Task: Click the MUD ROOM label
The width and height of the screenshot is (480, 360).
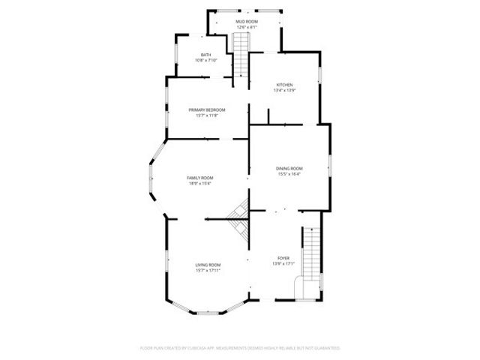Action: click(x=247, y=22)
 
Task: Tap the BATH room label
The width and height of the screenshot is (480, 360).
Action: click(x=205, y=55)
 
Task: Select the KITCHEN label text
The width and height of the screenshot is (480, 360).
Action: click(x=284, y=85)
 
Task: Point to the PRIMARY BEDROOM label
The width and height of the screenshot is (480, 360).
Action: click(x=207, y=109)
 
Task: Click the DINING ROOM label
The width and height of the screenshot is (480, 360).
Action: click(x=289, y=168)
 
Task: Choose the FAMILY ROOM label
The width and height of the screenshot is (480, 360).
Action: click(x=200, y=178)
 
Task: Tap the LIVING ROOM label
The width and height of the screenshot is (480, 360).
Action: click(x=208, y=265)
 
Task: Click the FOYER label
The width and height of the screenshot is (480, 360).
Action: click(x=283, y=258)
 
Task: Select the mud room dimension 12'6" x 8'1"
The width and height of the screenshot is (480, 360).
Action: click(x=247, y=28)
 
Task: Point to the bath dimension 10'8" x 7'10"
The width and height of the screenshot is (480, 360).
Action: click(x=205, y=60)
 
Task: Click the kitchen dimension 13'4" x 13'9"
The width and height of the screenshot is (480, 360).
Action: click(x=284, y=91)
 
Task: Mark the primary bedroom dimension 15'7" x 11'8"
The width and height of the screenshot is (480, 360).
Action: click(x=207, y=115)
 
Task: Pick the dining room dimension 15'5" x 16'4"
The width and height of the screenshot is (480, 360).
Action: click(x=289, y=174)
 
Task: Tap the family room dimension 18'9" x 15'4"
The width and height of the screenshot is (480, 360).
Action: click(x=200, y=184)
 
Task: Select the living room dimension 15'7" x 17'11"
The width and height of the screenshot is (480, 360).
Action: click(x=208, y=271)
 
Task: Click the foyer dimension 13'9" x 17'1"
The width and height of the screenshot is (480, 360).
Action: click(x=283, y=264)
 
